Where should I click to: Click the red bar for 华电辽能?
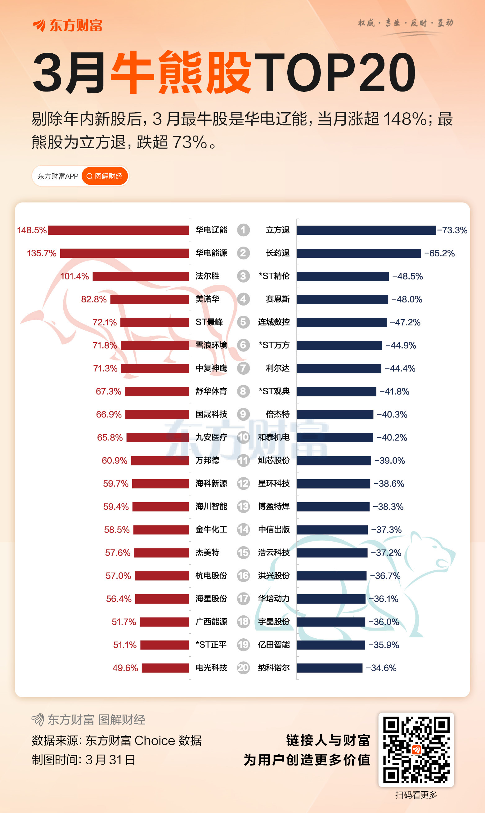[x=118, y=230]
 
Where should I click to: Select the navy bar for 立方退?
[x=366, y=230]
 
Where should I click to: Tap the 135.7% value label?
[x=42, y=253]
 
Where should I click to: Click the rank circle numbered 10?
[x=243, y=437]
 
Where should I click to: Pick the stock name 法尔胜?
[x=207, y=276]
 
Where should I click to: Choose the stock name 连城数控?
[x=274, y=322]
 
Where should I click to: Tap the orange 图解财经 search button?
[x=105, y=176]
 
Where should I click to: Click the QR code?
[x=416, y=750]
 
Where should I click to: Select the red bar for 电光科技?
[x=165, y=668]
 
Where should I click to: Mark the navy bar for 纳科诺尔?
[x=330, y=668]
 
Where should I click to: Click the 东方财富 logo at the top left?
[x=68, y=25]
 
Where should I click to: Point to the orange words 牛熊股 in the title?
[x=181, y=72]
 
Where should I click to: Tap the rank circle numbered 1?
[x=243, y=230]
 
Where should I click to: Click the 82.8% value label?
[x=94, y=299]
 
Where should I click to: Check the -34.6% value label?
[x=381, y=668]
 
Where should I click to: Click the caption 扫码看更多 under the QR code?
[x=416, y=795]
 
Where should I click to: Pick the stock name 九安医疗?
[x=211, y=437]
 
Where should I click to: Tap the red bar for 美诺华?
[x=149, y=299]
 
